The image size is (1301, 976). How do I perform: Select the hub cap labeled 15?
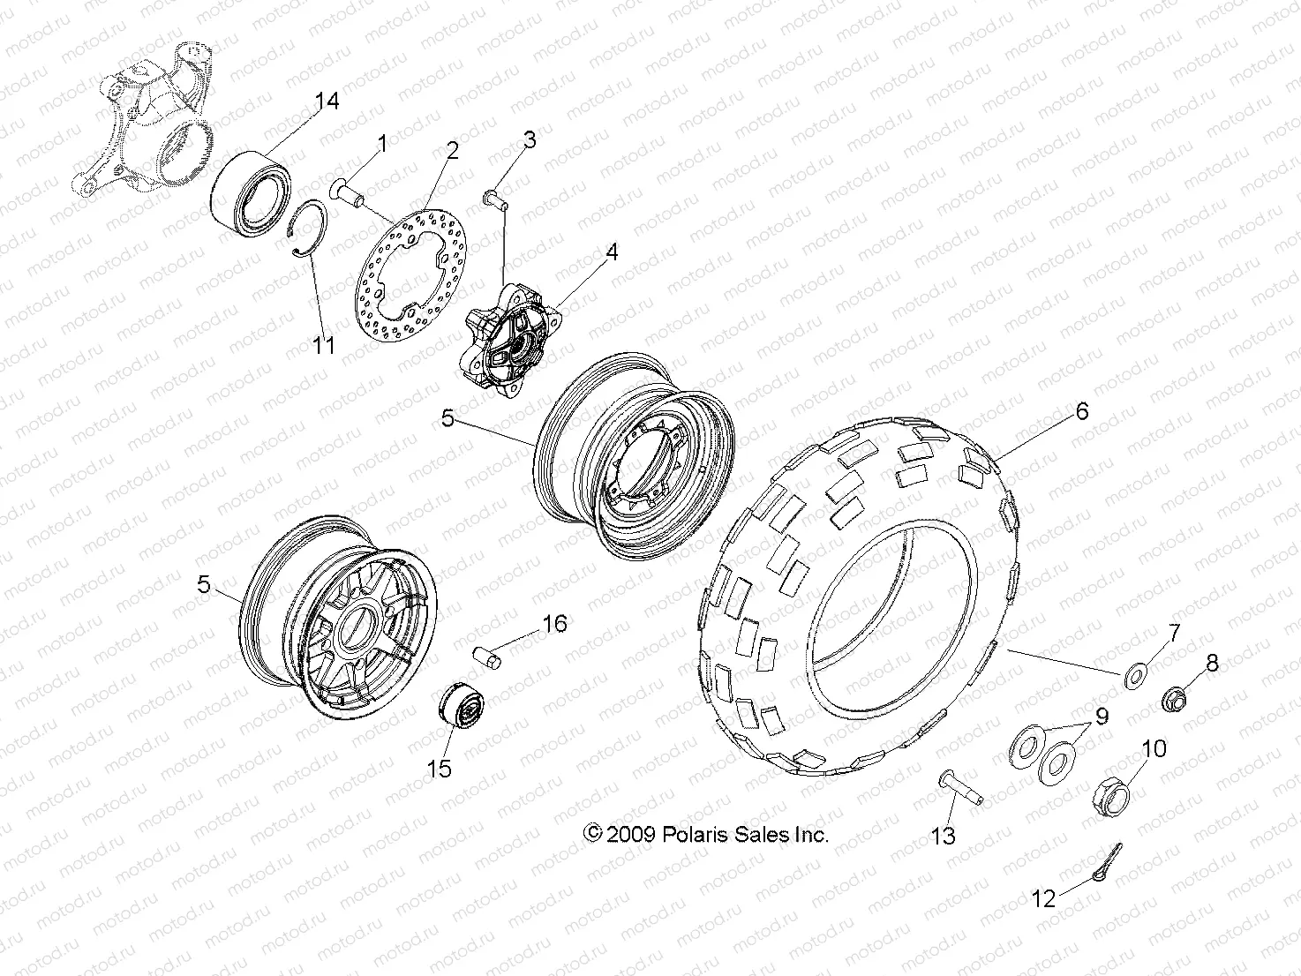coord(460,707)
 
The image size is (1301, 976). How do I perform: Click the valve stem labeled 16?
coord(487,658)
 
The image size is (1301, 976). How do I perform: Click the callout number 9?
coord(1102,717)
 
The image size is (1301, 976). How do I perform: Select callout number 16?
coord(553,624)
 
